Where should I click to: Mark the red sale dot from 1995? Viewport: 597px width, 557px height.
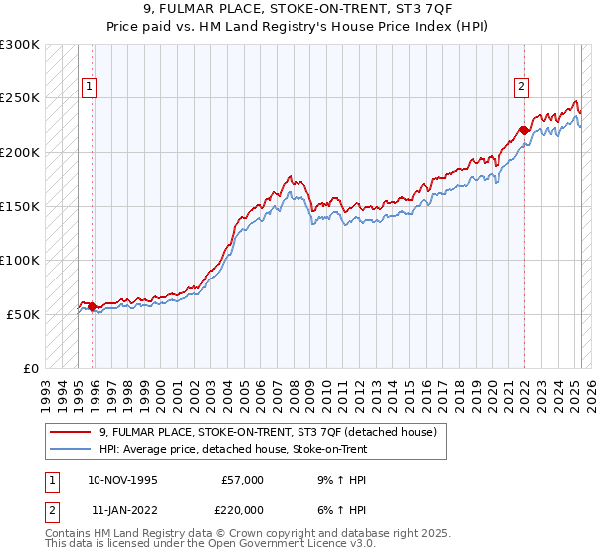click(x=92, y=306)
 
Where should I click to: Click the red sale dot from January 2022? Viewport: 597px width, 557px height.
click(x=523, y=130)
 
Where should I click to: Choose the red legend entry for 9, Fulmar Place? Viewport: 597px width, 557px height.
click(x=268, y=432)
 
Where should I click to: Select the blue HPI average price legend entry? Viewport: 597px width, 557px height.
click(x=233, y=449)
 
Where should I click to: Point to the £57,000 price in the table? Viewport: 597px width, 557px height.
click(x=241, y=479)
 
